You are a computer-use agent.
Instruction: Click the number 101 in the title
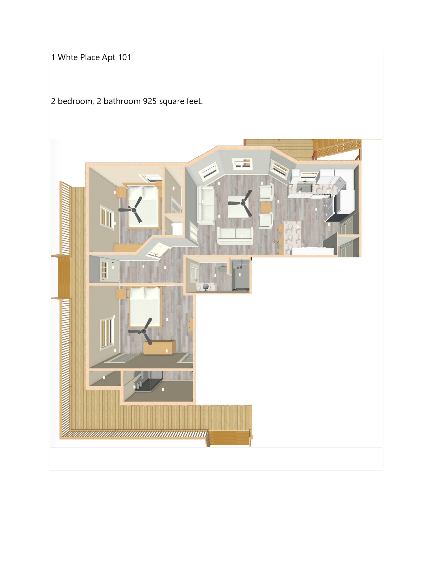[124, 57]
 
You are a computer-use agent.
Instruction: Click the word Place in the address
[90, 57]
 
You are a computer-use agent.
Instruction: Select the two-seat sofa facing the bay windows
[235, 235]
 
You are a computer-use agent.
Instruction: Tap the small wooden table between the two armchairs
[266, 207]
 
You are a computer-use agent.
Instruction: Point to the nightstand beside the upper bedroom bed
[121, 192]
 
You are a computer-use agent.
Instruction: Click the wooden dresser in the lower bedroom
[160, 347]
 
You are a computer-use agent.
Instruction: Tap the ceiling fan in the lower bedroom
[142, 331]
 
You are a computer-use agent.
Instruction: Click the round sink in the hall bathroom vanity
[205, 286]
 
